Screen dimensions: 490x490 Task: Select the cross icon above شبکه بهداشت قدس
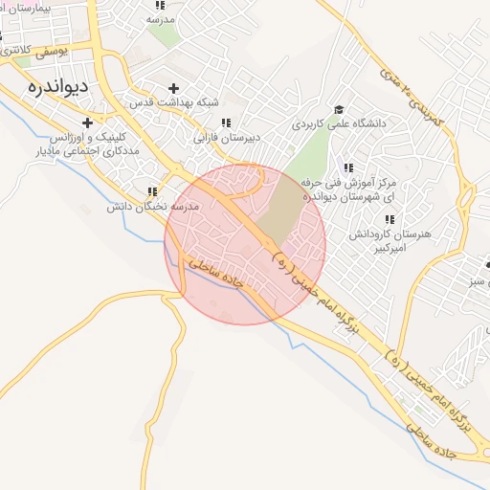[x=173, y=88]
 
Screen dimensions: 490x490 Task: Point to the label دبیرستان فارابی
[x=228, y=138]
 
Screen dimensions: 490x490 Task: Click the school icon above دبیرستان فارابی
[x=226, y=123]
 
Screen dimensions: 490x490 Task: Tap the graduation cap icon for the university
[x=339, y=110]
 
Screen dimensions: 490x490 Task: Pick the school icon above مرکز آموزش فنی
[x=347, y=167]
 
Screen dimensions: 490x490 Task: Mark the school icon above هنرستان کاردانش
[x=389, y=220]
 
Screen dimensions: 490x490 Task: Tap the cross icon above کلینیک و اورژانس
[x=87, y=122]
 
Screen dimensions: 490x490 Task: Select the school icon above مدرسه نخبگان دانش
[x=152, y=191]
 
